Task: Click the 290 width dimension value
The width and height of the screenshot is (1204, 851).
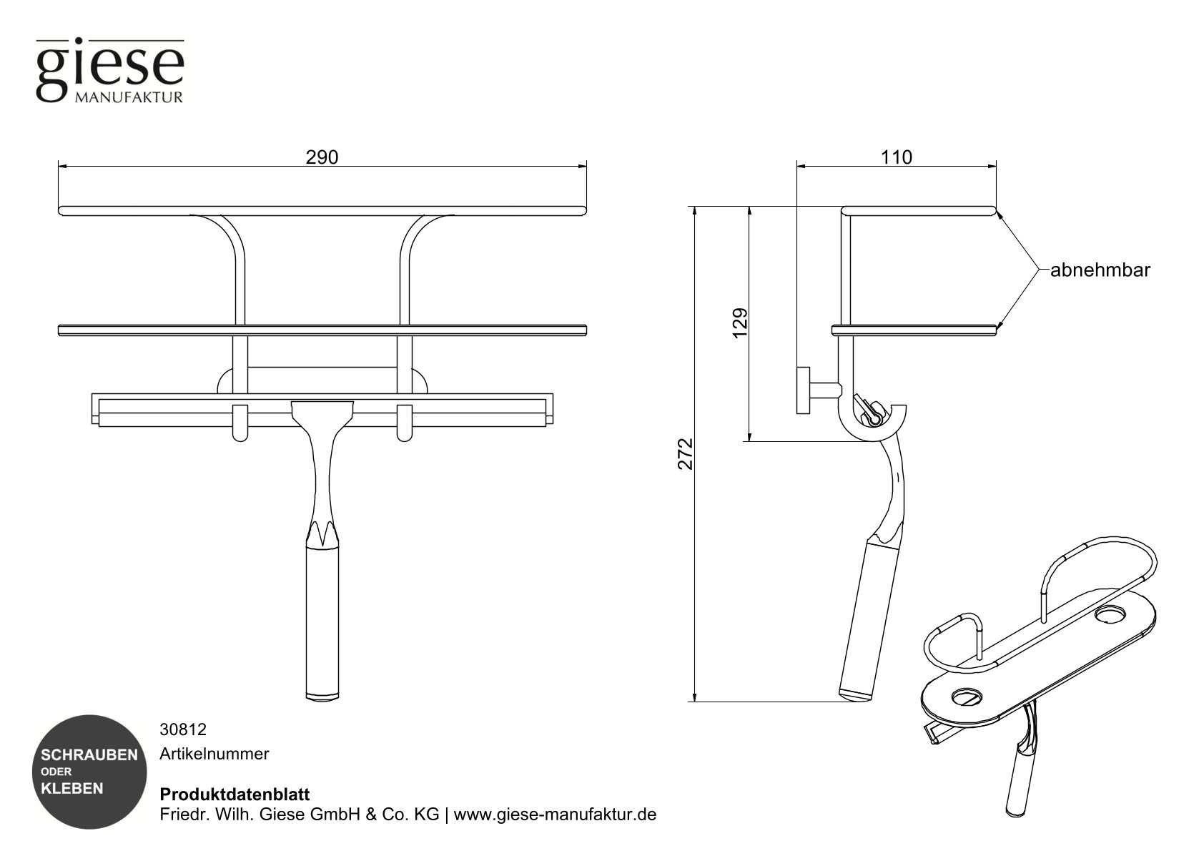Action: click(x=322, y=157)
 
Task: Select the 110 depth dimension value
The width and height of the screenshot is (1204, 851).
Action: click(x=897, y=157)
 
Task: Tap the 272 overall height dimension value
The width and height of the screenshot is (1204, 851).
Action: click(x=686, y=454)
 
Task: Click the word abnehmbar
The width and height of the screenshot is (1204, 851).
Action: click(x=1100, y=270)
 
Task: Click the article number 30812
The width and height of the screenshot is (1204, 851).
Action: click(x=183, y=729)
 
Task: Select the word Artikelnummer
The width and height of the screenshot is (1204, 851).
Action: click(x=214, y=754)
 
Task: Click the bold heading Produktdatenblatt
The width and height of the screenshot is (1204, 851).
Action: click(x=234, y=795)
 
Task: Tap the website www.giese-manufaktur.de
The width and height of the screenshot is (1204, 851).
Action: click(x=555, y=815)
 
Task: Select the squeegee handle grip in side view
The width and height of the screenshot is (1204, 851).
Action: click(x=866, y=619)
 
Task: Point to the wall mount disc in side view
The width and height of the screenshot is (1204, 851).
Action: click(x=802, y=390)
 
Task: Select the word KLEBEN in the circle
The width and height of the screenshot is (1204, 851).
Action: click(x=72, y=789)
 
